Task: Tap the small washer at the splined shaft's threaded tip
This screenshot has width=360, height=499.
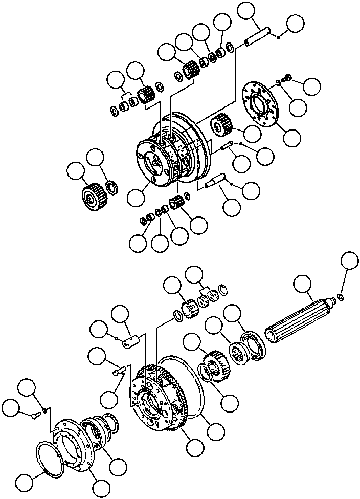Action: click(341, 297)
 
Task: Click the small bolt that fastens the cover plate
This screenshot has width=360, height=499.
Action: click(36, 416)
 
